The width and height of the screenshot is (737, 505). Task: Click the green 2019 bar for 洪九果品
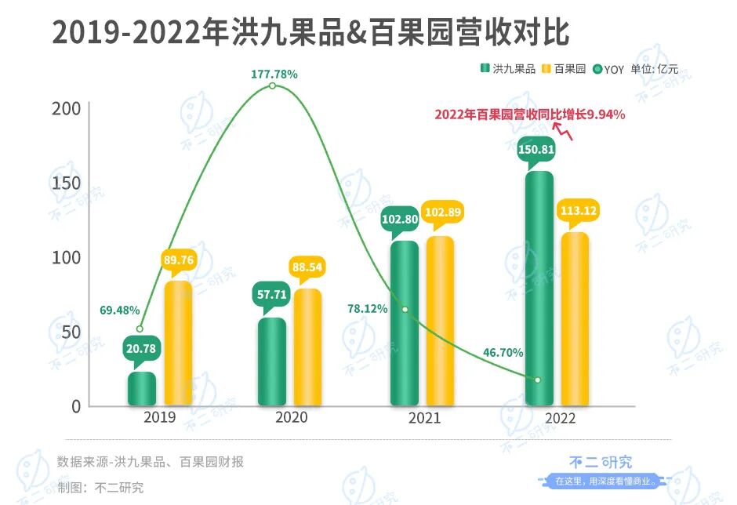pos(142,389)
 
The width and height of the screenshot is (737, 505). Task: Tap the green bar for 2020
pos(272,361)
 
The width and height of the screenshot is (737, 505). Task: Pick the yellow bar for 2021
pos(440,321)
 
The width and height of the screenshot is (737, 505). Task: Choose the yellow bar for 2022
pos(575,319)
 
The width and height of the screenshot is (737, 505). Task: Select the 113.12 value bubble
pos(574,209)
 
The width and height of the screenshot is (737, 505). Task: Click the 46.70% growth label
pos(503,353)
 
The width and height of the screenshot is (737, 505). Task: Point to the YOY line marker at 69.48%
pos(140,329)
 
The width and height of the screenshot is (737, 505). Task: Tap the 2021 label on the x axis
pos(424,418)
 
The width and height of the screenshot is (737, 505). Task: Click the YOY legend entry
pos(609,69)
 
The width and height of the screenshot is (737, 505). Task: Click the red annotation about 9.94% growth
pos(530,114)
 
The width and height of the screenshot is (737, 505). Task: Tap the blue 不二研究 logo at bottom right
pos(600,463)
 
